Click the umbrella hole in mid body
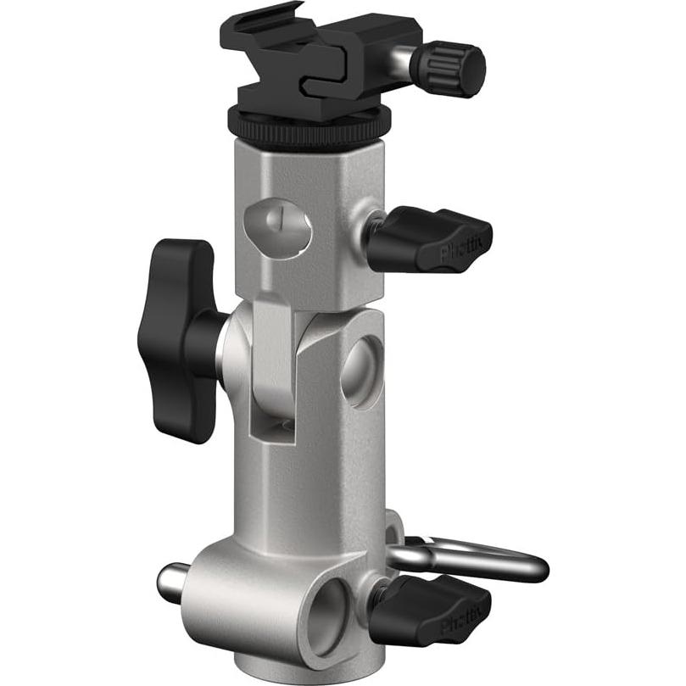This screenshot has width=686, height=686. (x=362, y=371)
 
